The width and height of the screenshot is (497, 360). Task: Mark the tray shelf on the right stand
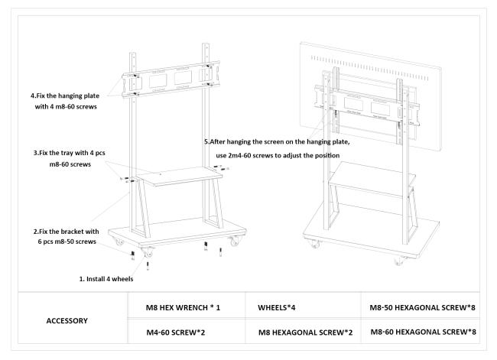(x=370, y=183)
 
